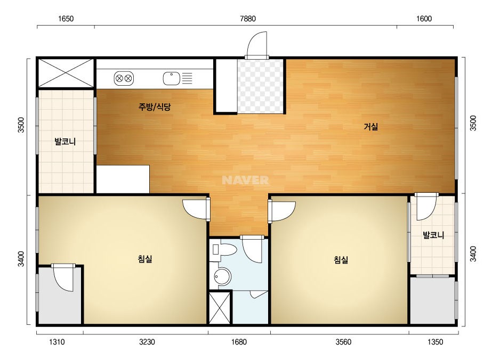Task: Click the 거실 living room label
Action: tap(370, 127)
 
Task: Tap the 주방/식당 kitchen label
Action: tap(155, 107)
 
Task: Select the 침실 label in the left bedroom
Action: tap(145, 259)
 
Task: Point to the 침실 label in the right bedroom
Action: tap(341, 260)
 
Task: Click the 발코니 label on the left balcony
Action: tap(65, 142)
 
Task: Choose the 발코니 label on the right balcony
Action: tap(433, 235)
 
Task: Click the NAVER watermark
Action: tap(245, 180)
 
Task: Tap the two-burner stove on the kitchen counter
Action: tap(124, 78)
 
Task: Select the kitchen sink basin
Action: tap(171, 78)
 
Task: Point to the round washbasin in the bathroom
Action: tap(222, 276)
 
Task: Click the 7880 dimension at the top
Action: tap(247, 19)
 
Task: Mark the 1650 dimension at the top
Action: tap(66, 19)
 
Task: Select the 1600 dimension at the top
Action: tap(424, 19)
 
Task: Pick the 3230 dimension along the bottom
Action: tap(147, 342)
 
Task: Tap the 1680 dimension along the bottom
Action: tap(239, 342)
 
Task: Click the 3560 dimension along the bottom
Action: tap(343, 342)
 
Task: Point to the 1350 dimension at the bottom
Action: tap(435, 342)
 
